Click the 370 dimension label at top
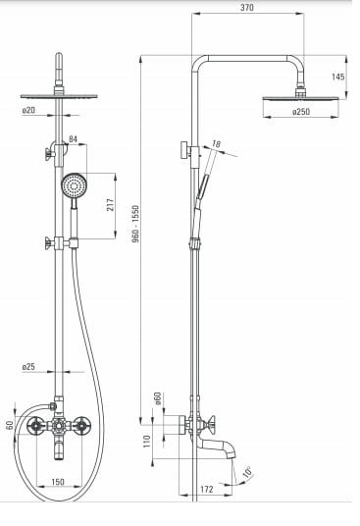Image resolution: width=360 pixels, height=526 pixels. click(247, 8)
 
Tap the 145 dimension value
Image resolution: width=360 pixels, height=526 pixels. click(338, 77)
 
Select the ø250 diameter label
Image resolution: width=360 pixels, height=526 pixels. click(301, 111)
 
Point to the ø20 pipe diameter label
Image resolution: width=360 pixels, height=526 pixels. click(28, 110)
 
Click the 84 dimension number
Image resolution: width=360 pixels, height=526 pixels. click(73, 139)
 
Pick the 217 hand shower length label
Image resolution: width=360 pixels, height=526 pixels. click(110, 205)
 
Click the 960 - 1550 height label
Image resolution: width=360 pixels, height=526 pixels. click(135, 224)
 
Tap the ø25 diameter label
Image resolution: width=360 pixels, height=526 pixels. click(28, 367)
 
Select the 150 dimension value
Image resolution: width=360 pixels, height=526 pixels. click(58, 482)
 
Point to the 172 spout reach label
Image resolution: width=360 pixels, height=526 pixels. click(207, 489)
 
